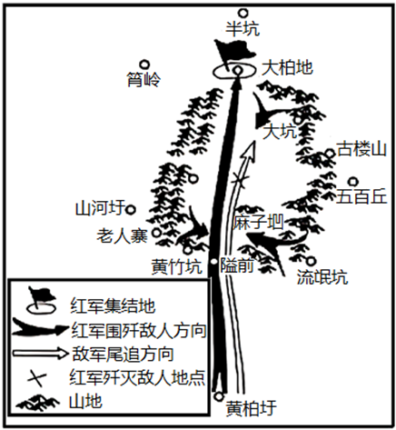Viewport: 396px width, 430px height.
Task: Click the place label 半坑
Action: click(x=243, y=29)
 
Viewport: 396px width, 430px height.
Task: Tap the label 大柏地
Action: click(x=287, y=67)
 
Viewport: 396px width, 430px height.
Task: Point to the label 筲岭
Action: click(x=144, y=80)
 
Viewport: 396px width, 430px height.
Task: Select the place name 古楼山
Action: click(x=361, y=149)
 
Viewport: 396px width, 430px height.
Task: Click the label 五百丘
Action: click(x=362, y=196)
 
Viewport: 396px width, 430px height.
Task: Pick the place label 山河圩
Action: click(x=100, y=208)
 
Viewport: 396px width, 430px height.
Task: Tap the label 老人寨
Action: click(x=122, y=235)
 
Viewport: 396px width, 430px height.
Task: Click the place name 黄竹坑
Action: click(x=176, y=266)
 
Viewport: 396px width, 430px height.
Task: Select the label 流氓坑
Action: click(x=322, y=276)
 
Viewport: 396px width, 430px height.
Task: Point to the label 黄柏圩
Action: click(x=252, y=408)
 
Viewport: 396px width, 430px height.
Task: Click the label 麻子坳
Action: click(x=258, y=222)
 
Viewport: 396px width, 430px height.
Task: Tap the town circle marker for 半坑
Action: click(x=243, y=13)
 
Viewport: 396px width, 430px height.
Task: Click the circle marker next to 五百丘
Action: click(x=353, y=182)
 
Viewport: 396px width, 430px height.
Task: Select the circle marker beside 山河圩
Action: click(x=131, y=209)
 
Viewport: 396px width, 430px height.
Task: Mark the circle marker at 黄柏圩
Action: click(x=219, y=396)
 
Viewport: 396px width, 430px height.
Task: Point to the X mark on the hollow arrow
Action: click(x=240, y=181)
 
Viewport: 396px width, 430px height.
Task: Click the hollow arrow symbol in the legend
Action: click(x=40, y=354)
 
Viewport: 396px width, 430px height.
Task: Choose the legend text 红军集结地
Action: click(x=113, y=305)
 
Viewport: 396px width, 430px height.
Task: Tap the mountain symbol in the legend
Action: click(x=38, y=403)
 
